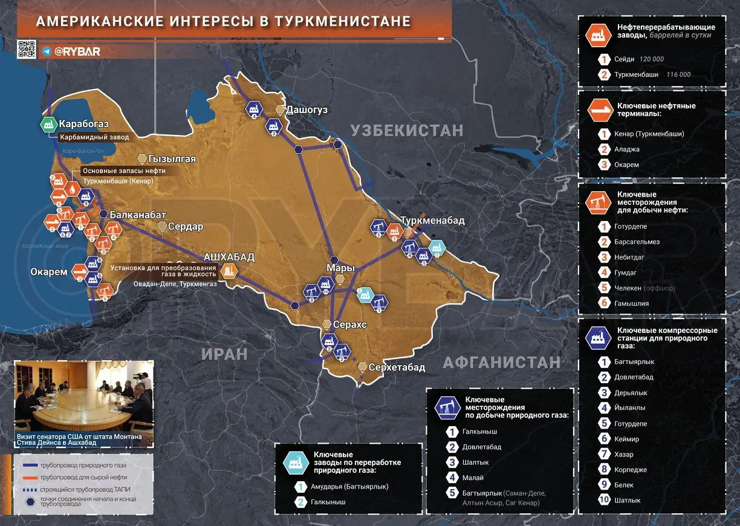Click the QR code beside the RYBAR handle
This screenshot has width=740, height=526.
tap(26, 49)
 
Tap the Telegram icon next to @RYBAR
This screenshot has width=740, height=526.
tap(47, 51)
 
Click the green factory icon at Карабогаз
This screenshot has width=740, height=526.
tap(48, 125)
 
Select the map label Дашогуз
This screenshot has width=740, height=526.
tap(307, 110)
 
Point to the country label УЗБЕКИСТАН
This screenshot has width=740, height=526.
tap(407, 130)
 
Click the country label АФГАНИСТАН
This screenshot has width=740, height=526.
tap(502, 362)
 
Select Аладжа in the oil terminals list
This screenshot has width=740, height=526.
tap(628, 149)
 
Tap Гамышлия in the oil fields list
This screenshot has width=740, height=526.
tap(632, 303)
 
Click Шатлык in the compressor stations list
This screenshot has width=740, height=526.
tap(629, 500)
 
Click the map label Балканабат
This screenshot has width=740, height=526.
tap(138, 214)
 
